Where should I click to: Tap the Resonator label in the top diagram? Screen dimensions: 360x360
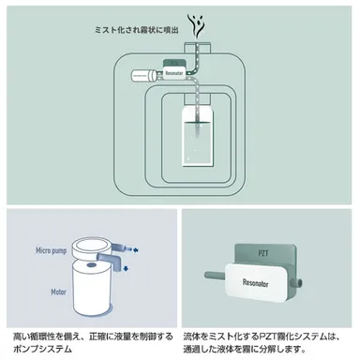click(x=173, y=69)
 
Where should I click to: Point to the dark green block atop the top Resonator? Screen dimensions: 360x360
click(x=173, y=60)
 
